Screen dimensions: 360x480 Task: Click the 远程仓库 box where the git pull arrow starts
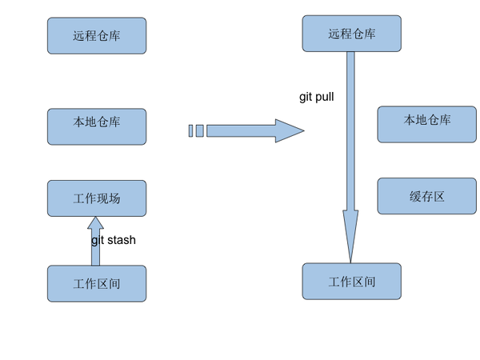[351, 34]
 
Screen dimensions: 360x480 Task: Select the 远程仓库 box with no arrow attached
[97, 36]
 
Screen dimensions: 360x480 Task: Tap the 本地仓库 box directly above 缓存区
[426, 124]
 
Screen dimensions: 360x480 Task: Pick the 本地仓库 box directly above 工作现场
[97, 126]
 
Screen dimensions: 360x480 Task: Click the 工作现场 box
[97, 198]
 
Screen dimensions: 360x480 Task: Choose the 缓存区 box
[426, 196]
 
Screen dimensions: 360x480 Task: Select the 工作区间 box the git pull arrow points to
[351, 282]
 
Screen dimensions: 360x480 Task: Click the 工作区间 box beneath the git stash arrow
[97, 283]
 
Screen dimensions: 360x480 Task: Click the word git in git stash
[97, 240]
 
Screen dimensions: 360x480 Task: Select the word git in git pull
[306, 97]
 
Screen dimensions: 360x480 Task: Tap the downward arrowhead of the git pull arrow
[350, 236]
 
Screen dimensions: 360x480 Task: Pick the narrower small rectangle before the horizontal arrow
[190, 130]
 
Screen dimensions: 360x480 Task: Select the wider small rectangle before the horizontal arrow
[199, 130]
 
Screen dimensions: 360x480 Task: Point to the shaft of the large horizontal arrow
[240, 130]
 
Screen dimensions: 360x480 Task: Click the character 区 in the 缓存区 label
[438, 196]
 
